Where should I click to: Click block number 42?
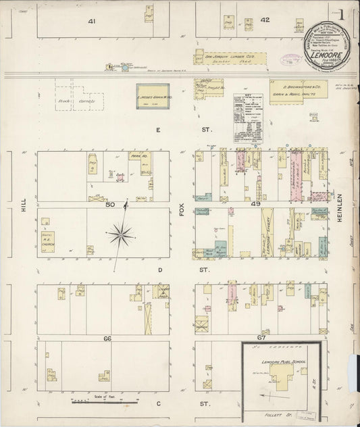[x=265, y=20]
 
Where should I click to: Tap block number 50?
[x=111, y=205]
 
